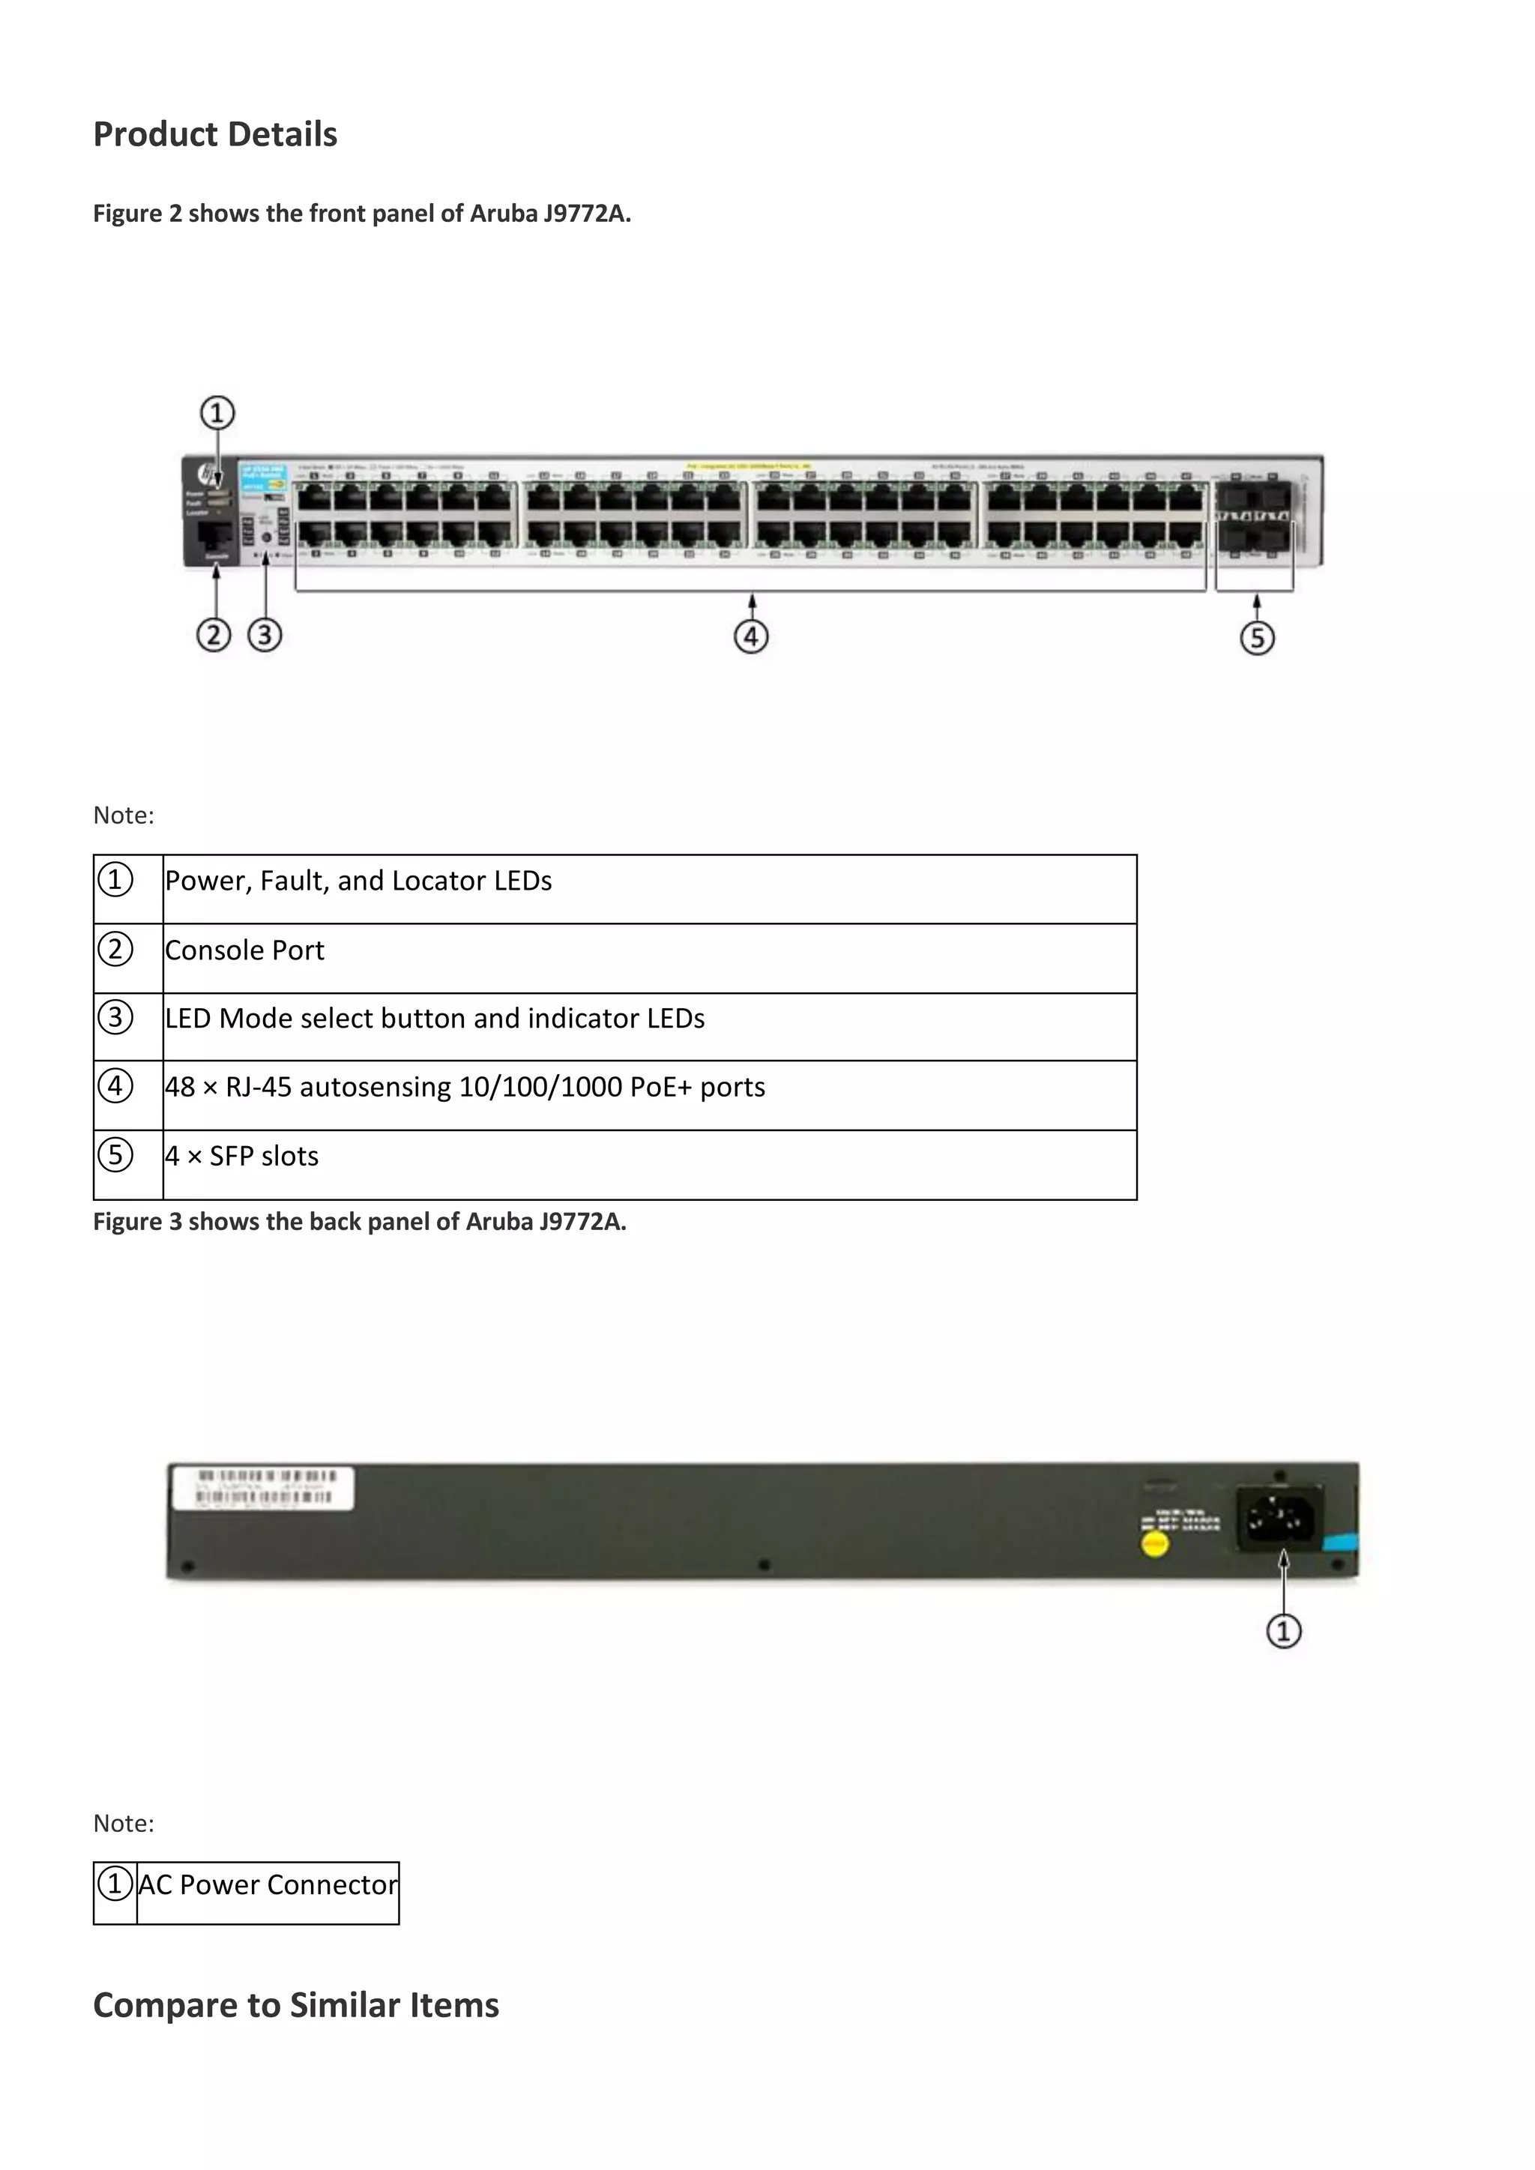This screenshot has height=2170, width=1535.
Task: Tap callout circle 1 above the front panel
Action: point(217,414)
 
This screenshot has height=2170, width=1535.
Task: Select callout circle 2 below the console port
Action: point(214,634)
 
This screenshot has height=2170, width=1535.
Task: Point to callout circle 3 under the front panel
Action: point(265,634)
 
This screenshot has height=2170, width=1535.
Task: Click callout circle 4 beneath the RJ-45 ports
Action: point(752,636)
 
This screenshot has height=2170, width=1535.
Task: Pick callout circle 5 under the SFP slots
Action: point(1257,638)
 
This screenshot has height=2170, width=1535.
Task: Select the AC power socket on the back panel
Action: point(1281,1519)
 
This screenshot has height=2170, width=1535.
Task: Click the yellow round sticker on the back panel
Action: point(1155,1544)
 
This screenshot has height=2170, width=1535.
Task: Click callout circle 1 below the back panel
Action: point(1284,1631)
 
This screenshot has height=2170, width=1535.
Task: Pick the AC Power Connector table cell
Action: point(268,1885)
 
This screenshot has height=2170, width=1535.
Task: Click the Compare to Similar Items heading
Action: point(296,2006)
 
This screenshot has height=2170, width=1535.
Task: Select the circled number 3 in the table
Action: point(115,1018)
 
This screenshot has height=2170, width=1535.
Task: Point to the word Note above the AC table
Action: point(123,1823)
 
